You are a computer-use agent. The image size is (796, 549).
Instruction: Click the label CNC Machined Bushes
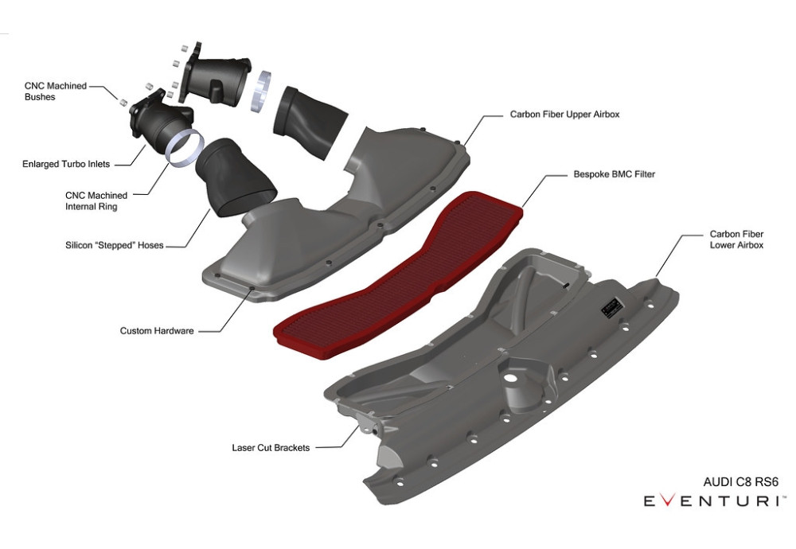pyautogui.click(x=56, y=91)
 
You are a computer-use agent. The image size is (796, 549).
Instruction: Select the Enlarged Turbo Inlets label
pyautogui.click(x=66, y=164)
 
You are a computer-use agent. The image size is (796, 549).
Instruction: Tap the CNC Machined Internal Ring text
pyautogui.click(x=96, y=201)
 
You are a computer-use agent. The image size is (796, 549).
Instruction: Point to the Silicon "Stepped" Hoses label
pyautogui.click(x=114, y=245)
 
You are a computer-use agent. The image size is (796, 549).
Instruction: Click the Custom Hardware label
pyautogui.click(x=157, y=331)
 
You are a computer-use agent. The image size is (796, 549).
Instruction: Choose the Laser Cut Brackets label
pyautogui.click(x=271, y=447)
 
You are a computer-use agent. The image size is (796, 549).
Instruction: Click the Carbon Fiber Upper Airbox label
pyautogui.click(x=564, y=114)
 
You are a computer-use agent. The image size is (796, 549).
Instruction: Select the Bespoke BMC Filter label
pyautogui.click(x=615, y=174)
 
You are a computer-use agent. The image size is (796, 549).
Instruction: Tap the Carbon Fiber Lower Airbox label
pyautogui.click(x=736, y=239)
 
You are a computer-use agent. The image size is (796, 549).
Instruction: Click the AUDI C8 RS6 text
pyautogui.click(x=740, y=481)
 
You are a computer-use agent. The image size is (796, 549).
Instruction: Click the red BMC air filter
pyautogui.click(x=399, y=275)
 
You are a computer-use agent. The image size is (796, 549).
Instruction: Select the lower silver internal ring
pyautogui.click(x=185, y=148)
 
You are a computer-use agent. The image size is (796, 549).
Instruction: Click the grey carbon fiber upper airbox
pyautogui.click(x=336, y=215)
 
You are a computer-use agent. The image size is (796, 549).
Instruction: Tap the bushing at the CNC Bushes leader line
pyautogui.click(x=123, y=102)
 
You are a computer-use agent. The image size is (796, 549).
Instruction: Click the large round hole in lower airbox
pyautogui.click(x=509, y=377)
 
